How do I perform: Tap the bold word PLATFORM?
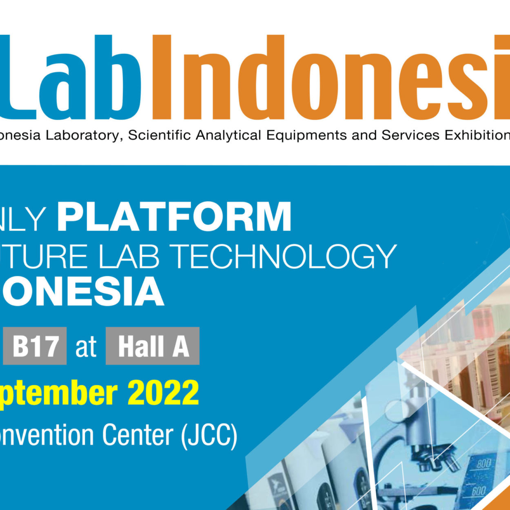point(175,216)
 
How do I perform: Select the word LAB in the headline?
point(129,256)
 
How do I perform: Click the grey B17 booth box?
point(35,346)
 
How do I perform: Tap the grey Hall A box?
point(153,346)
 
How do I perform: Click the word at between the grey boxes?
point(86,347)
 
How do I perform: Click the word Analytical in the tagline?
point(228,135)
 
